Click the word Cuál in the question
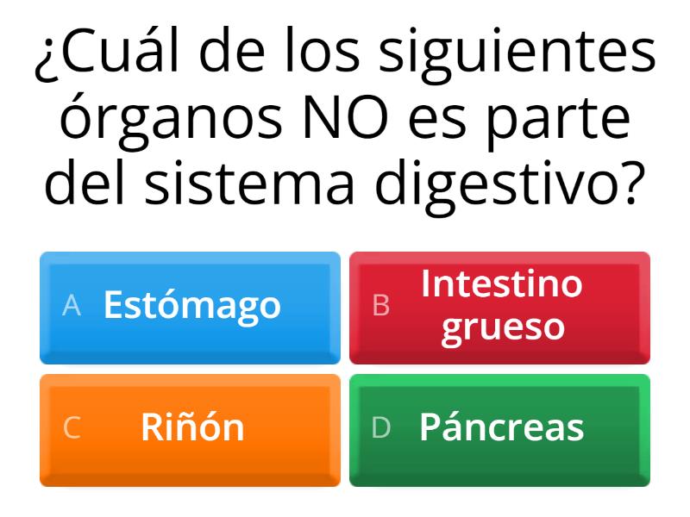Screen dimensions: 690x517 [x=119, y=49]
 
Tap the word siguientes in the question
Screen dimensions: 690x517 [x=517, y=54]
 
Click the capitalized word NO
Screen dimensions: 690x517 [x=346, y=116]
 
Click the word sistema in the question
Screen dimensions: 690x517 [x=249, y=182]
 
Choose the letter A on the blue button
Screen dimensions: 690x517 [x=72, y=305]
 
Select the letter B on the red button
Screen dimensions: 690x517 [x=381, y=305]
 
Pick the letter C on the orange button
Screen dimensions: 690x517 [x=72, y=427]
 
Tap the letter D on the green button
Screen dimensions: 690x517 [x=381, y=427]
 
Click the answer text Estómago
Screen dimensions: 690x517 [x=191, y=306]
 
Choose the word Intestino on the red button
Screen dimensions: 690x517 [x=502, y=283]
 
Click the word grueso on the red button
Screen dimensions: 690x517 [x=503, y=328]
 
